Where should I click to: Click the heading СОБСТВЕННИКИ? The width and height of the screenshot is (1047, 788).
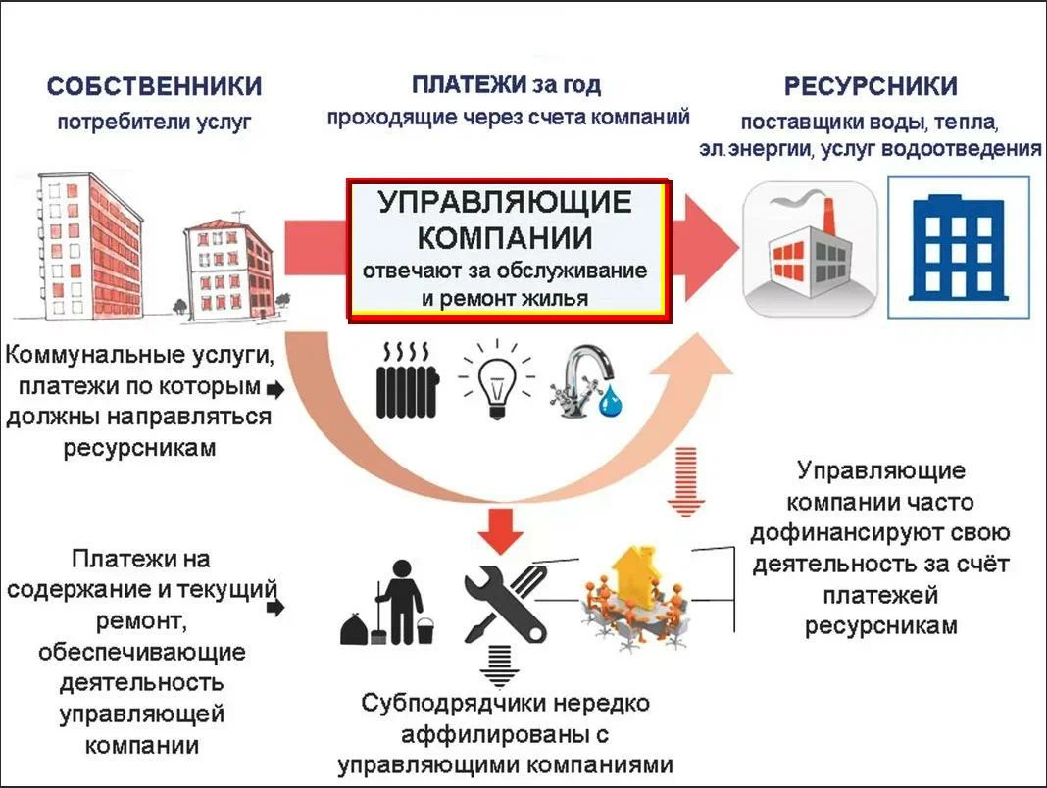click(154, 86)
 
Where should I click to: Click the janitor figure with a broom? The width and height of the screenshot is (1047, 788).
click(391, 600)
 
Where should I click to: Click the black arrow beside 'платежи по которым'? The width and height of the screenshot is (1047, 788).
click(275, 389)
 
